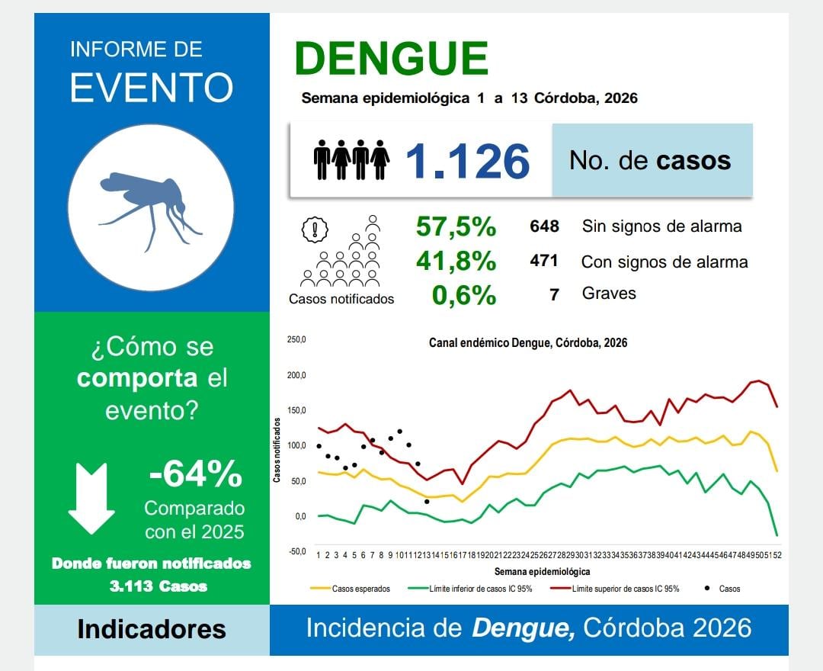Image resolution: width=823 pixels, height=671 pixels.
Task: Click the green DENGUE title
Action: click(391, 59)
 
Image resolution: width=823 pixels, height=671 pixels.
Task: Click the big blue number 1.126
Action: click(466, 162)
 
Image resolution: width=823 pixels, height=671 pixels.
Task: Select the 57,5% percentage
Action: click(456, 226)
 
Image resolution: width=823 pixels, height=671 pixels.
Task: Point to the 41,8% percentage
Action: click(456, 262)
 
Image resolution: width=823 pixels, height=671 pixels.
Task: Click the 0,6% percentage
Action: click(463, 294)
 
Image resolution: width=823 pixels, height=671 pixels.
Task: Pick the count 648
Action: click(544, 226)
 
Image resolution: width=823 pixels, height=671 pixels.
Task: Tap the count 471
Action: click(544, 261)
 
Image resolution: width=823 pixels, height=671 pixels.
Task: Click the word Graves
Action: click(608, 294)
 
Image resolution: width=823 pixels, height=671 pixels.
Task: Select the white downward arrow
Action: click(91, 498)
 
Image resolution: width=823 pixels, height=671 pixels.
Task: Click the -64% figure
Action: click(196, 474)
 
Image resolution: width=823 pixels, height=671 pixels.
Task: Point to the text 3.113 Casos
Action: click(158, 586)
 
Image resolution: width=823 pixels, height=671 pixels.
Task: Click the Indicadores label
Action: click(152, 630)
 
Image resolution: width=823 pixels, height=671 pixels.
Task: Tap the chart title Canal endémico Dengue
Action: click(528, 343)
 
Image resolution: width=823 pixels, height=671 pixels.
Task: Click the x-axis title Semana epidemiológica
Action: click(541, 571)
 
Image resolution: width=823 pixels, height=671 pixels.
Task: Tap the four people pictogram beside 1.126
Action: click(351, 159)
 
